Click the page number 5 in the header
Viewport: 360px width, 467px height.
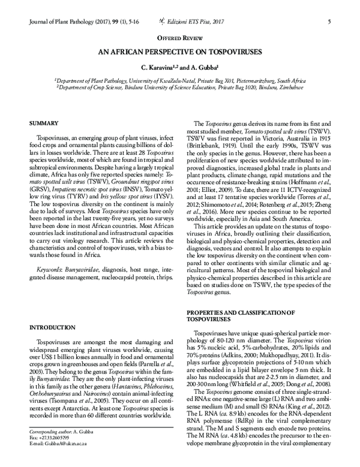(331, 22)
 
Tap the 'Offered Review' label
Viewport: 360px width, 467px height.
(179, 37)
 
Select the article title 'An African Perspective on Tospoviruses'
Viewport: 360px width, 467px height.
(179, 52)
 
